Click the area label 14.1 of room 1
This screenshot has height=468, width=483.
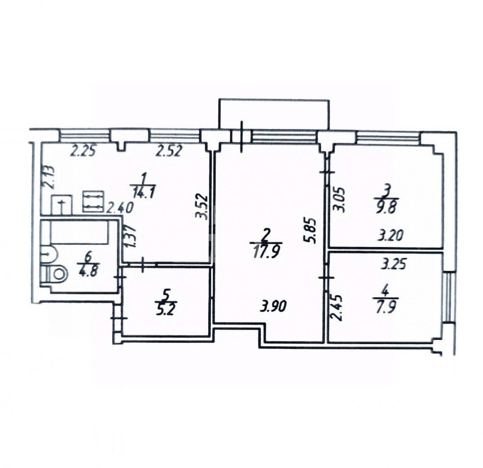coord(143,194)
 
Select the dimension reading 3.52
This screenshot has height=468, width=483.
coord(204,208)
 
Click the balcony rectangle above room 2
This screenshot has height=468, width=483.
coord(273,115)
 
